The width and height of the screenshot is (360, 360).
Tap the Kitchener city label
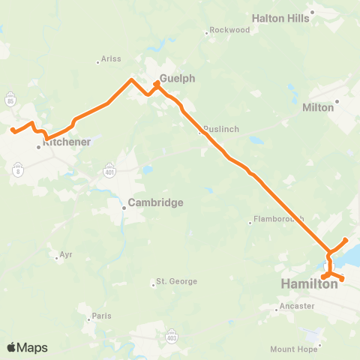point(67,141)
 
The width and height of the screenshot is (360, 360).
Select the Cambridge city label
point(155,202)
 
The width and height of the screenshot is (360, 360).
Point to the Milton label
point(317,107)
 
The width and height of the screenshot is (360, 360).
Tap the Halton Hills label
point(280,18)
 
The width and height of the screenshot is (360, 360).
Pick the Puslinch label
point(221,129)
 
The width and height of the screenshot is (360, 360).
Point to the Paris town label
point(101,316)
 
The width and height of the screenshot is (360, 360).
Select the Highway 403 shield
point(173,331)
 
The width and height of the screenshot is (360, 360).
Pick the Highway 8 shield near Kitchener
point(17,172)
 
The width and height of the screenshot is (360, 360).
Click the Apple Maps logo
point(27,347)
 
